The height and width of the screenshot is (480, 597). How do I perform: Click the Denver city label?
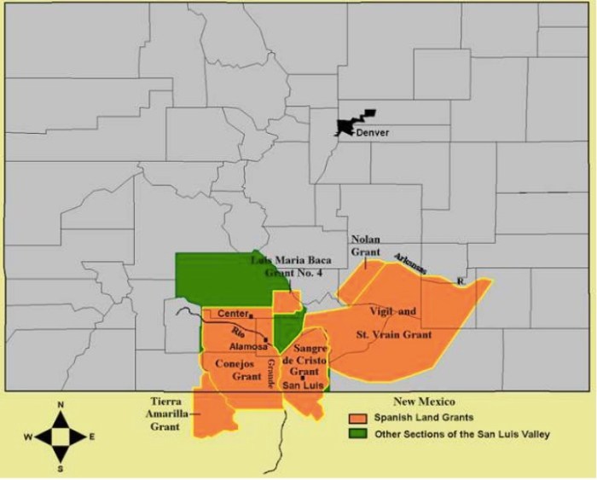(372, 132)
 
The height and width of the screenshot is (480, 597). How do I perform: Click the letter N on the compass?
(60, 404)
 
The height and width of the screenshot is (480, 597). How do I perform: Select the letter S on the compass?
(60, 467)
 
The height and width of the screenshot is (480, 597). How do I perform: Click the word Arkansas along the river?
(410, 263)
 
